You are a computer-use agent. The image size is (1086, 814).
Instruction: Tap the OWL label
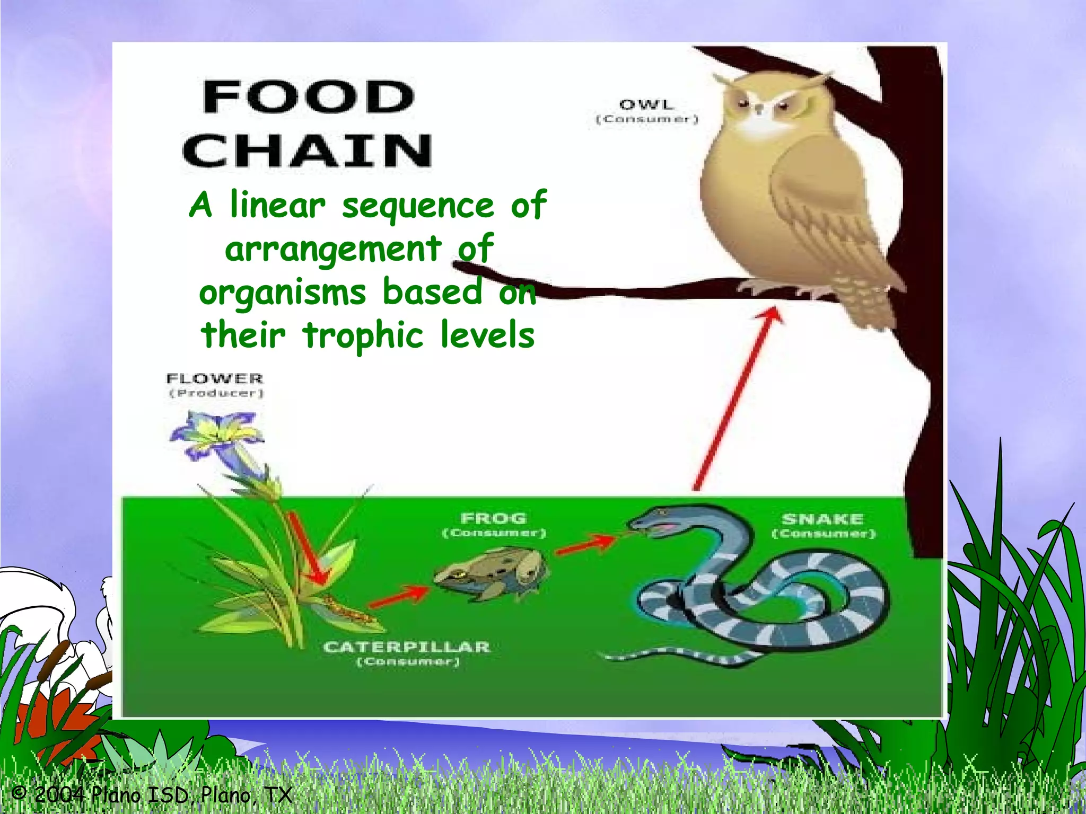[646, 105]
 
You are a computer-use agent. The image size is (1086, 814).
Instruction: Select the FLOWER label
[215, 378]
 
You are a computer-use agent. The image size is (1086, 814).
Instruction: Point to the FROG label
[494, 518]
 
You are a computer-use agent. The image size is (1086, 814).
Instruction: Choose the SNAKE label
[822, 519]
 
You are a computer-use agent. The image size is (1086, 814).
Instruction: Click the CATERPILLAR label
[406, 647]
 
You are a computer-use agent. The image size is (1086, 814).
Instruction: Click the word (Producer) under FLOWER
[216, 393]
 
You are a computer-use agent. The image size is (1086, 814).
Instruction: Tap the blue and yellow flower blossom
[217, 432]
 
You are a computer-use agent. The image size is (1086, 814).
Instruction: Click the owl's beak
[759, 110]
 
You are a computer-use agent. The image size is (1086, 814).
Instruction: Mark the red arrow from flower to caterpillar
[308, 548]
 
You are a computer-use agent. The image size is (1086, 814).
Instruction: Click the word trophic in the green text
[363, 335]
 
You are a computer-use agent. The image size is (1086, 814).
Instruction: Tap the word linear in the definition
[277, 205]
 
